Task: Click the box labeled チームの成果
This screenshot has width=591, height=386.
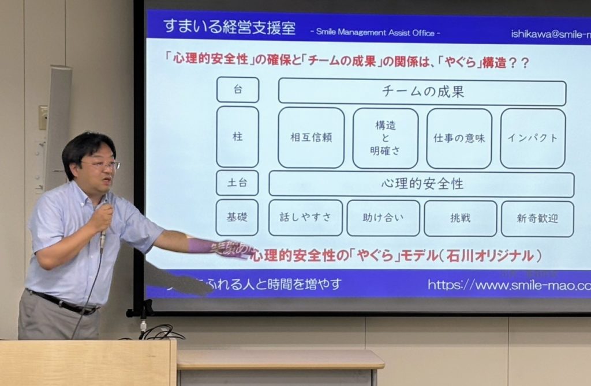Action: tap(422, 92)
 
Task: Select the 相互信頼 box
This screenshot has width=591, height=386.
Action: tap(311, 138)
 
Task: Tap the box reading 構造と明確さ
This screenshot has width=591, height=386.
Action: tap(385, 138)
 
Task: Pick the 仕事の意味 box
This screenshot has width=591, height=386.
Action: tap(459, 138)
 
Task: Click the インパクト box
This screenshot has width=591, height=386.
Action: tap(532, 138)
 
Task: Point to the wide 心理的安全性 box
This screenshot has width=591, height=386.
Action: tap(421, 184)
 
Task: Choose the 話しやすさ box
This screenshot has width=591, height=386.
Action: tap(305, 218)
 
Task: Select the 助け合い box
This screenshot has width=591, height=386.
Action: tap(383, 218)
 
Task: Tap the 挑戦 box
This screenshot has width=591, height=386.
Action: tap(460, 218)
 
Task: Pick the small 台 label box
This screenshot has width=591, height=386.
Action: tap(238, 89)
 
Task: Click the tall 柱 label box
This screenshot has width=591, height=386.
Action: tap(238, 137)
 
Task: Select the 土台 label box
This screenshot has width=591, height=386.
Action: tap(237, 183)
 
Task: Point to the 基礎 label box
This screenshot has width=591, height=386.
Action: tap(237, 217)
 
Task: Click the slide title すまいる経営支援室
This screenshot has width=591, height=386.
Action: tap(229, 27)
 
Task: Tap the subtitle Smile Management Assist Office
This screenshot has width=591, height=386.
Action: tap(375, 33)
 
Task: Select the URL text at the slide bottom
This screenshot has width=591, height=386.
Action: tap(508, 285)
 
